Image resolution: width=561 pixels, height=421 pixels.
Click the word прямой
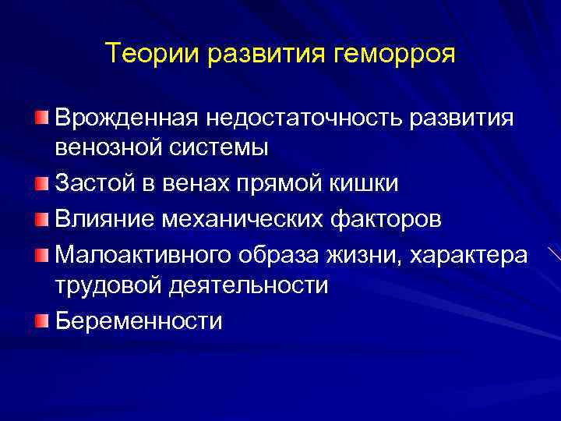pos(290,182)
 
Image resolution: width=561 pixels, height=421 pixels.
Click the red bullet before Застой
pos(41,182)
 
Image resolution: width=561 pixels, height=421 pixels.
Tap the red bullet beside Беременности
pos(41,320)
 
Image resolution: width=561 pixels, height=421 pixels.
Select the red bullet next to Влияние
pos(41,218)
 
